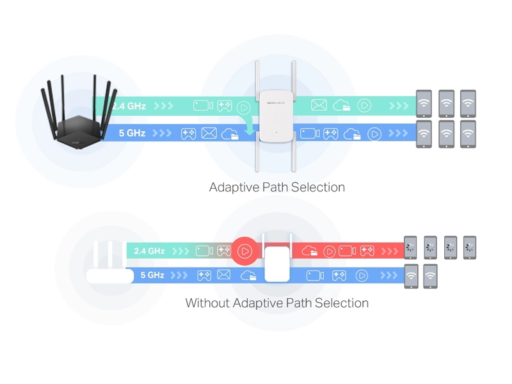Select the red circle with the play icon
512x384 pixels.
(244, 252)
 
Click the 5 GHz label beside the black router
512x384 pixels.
(132, 134)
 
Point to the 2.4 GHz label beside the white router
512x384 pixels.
(149, 252)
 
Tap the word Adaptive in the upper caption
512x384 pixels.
(234, 188)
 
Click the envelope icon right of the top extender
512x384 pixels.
(319, 105)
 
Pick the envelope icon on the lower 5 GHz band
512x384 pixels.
(223, 275)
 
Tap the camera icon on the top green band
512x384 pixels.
(203, 105)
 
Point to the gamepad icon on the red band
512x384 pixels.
(367, 252)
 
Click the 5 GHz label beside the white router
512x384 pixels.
(152, 275)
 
